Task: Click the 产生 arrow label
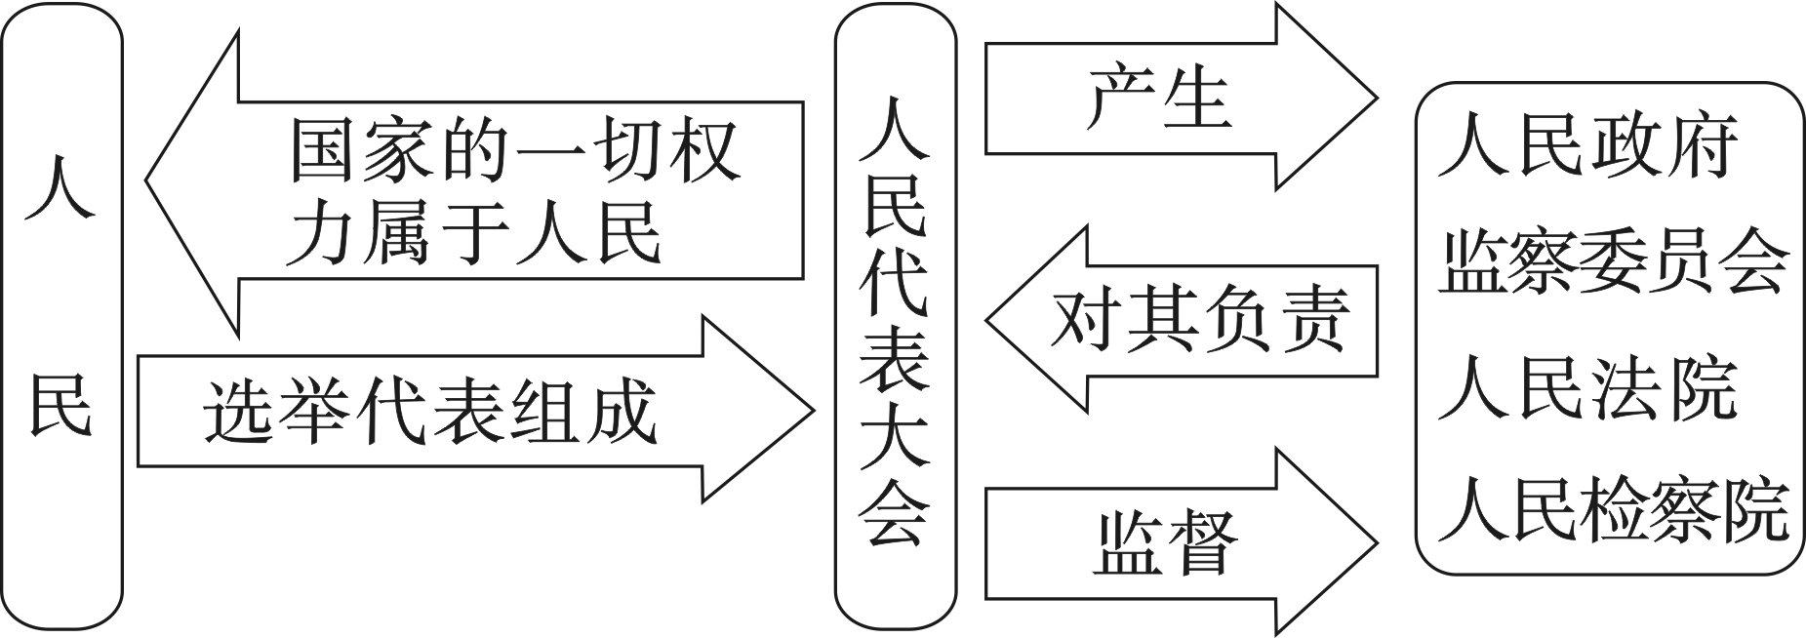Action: [x=1158, y=99]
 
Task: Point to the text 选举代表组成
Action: [x=430, y=412]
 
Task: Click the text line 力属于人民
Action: [x=474, y=234]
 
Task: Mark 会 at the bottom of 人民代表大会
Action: [x=895, y=515]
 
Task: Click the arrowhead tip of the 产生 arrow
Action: [x=1376, y=98]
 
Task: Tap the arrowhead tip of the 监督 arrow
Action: [x=1376, y=541]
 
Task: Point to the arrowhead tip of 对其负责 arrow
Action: [x=987, y=320]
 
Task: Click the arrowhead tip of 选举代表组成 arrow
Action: [x=812, y=410]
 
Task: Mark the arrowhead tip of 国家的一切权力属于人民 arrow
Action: [x=146, y=180]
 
